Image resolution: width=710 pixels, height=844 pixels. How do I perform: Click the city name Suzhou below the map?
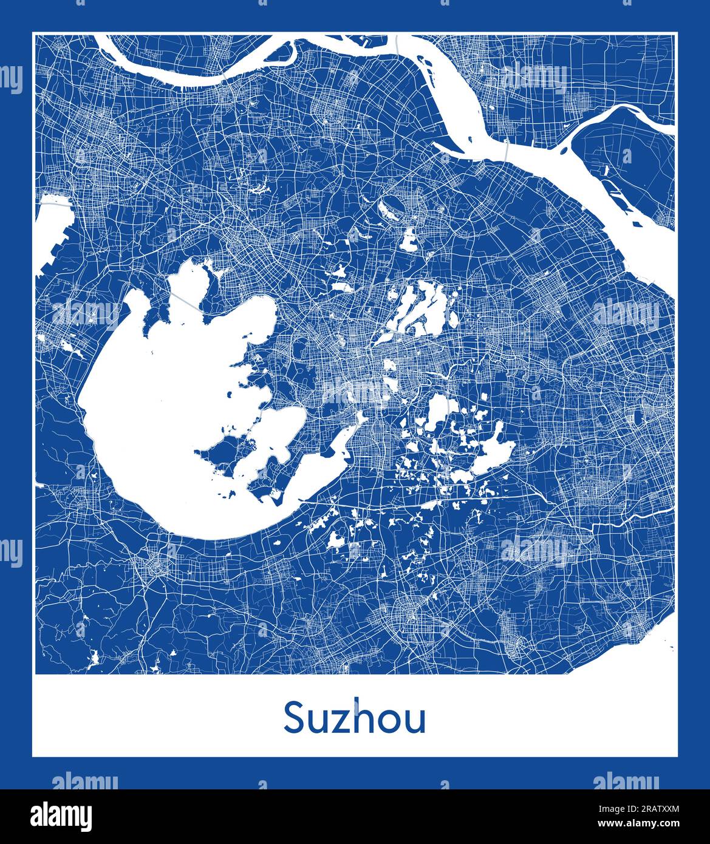(355, 718)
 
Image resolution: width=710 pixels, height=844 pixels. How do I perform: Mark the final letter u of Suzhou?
(415, 721)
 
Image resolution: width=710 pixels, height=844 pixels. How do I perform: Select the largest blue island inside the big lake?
(219, 455)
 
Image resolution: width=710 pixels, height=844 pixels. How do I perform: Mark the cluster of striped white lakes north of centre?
(419, 310)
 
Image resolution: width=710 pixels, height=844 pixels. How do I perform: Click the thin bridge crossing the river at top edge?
(396, 44)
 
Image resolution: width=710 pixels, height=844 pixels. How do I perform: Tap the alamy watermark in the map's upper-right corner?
(534, 79)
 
